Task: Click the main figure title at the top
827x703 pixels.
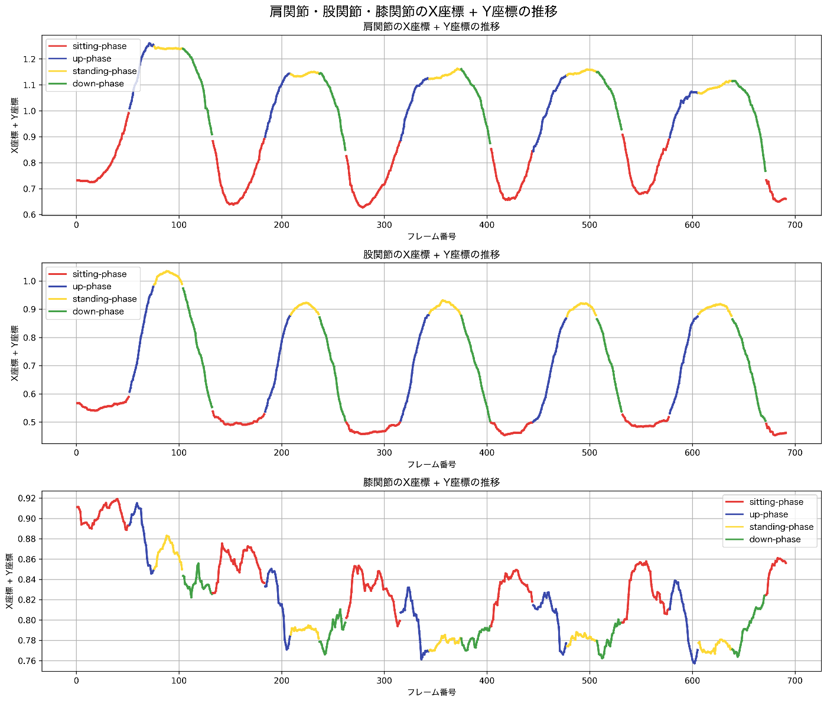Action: pos(413,11)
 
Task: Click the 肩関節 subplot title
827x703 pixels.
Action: pos(431,27)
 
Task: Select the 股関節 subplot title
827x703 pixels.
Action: pos(431,255)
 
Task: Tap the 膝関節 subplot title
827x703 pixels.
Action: pos(431,482)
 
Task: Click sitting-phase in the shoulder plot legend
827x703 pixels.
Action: pos(99,46)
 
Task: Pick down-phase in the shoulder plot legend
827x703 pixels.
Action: pos(98,83)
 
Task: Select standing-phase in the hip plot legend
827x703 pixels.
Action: pos(105,299)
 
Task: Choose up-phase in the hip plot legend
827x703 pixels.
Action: pos(92,287)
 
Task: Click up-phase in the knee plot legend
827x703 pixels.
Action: pos(769,514)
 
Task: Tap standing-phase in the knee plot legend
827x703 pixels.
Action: pos(781,527)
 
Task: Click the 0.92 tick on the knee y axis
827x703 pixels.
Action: pos(27,498)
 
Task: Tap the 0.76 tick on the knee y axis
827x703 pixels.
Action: pos(27,661)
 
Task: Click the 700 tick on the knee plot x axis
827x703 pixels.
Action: pos(795,681)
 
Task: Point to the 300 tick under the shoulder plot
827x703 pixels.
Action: pos(384,225)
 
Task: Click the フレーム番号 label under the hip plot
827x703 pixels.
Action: pos(431,465)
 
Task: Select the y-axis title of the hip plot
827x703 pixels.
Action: pos(15,353)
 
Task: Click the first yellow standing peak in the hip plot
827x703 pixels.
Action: pos(168,271)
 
